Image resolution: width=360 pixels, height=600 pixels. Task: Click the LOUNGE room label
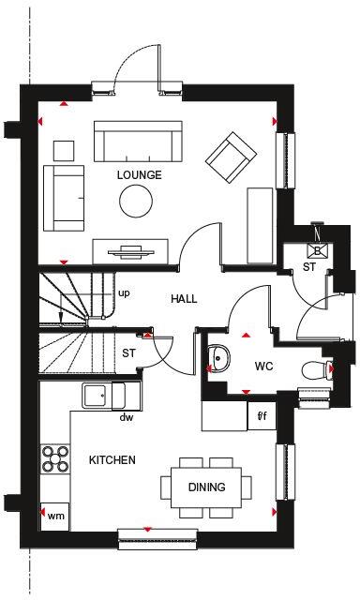[139, 175]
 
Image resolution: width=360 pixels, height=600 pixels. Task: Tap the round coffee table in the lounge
[135, 200]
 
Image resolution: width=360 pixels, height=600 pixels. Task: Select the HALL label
[185, 299]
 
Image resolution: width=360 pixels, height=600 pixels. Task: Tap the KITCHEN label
[112, 460]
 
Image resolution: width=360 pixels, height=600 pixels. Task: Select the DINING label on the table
[206, 487]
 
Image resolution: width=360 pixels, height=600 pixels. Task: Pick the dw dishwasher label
[126, 418]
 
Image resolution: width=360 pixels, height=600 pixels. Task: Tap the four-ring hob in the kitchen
[54, 459]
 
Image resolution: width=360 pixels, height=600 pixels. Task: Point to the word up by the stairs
[123, 293]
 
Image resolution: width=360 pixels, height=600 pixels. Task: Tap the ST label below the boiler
[307, 268]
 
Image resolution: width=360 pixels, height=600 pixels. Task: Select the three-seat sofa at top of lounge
[138, 143]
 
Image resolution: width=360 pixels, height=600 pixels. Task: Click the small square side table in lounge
[64, 150]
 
